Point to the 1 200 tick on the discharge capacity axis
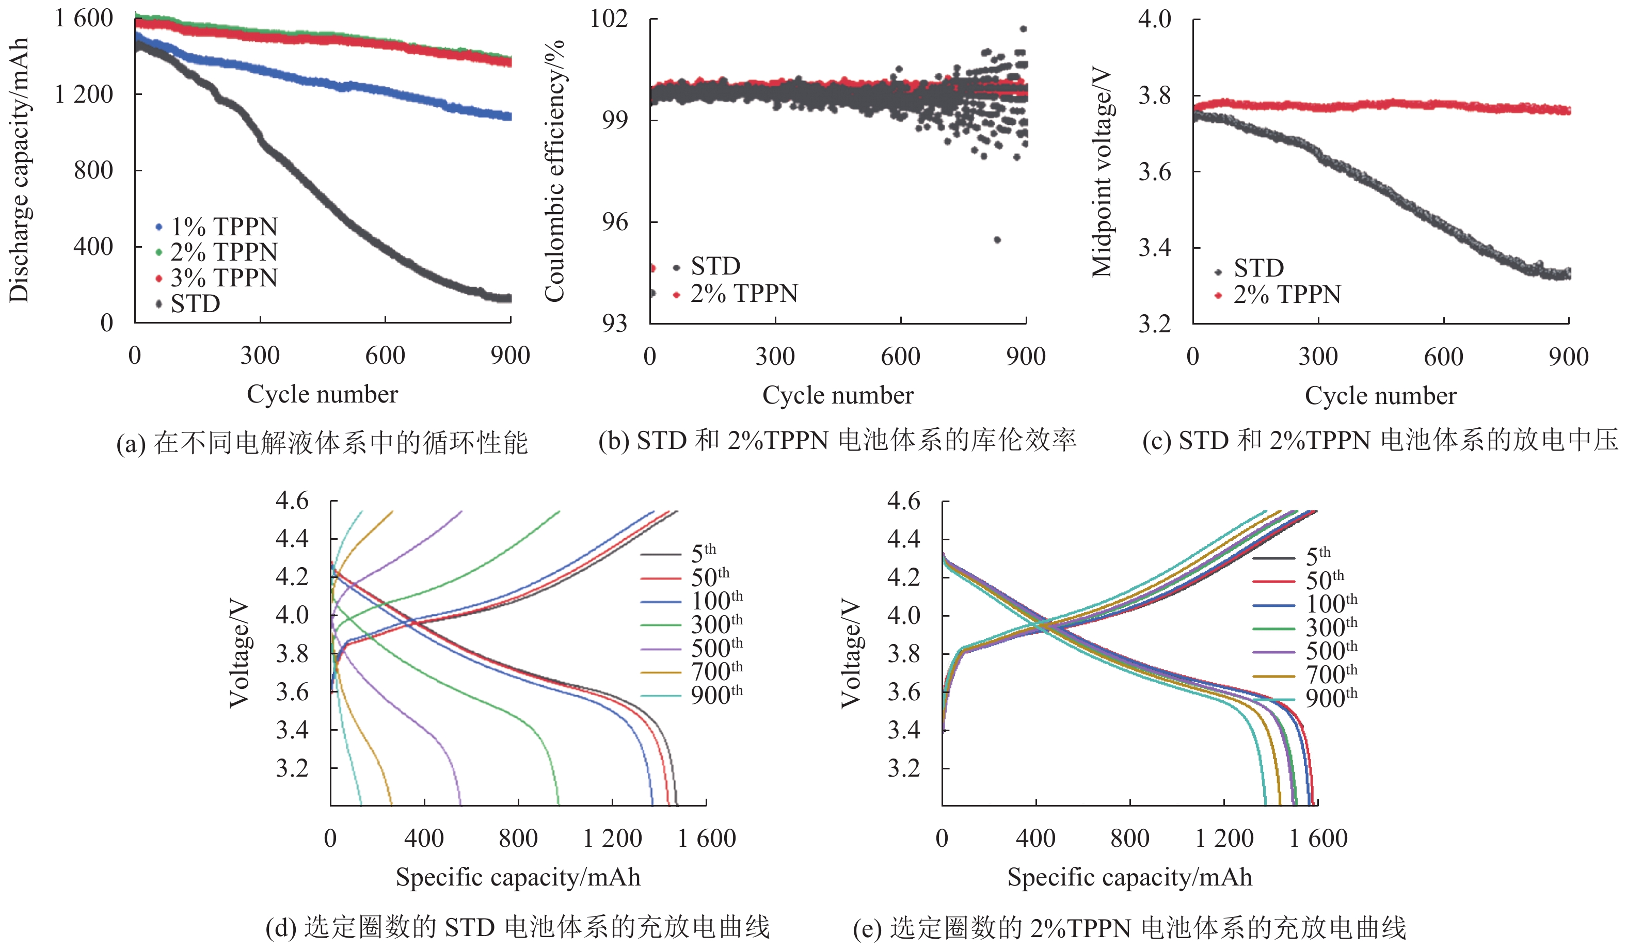(x=84, y=94)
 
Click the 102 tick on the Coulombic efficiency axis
(x=609, y=18)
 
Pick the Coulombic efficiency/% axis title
(x=554, y=170)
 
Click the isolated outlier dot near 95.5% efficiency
(x=997, y=240)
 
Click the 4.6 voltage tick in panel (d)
(x=292, y=501)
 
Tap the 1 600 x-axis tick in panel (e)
(x=1318, y=838)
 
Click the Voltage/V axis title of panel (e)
(x=851, y=653)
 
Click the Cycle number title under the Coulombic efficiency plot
(x=837, y=395)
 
